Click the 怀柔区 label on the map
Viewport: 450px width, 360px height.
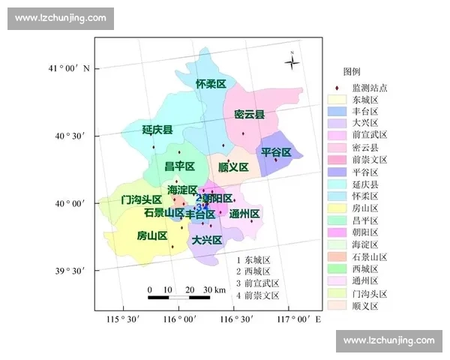(x=211, y=84)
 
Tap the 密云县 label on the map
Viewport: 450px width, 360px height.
(x=249, y=115)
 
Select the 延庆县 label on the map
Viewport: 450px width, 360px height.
(x=157, y=130)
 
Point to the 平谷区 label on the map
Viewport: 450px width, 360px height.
(x=276, y=152)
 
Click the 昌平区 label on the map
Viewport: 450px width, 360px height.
(x=180, y=166)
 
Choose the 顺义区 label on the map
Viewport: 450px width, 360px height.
(x=233, y=166)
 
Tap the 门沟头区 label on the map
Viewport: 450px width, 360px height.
(x=142, y=199)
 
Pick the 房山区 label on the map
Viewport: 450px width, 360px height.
(x=151, y=235)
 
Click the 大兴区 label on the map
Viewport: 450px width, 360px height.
(x=206, y=240)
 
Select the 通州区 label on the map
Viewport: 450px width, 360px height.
(x=244, y=214)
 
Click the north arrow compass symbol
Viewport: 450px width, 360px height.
(x=292, y=62)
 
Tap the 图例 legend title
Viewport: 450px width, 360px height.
(x=352, y=72)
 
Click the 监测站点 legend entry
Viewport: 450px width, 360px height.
(x=360, y=86)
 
